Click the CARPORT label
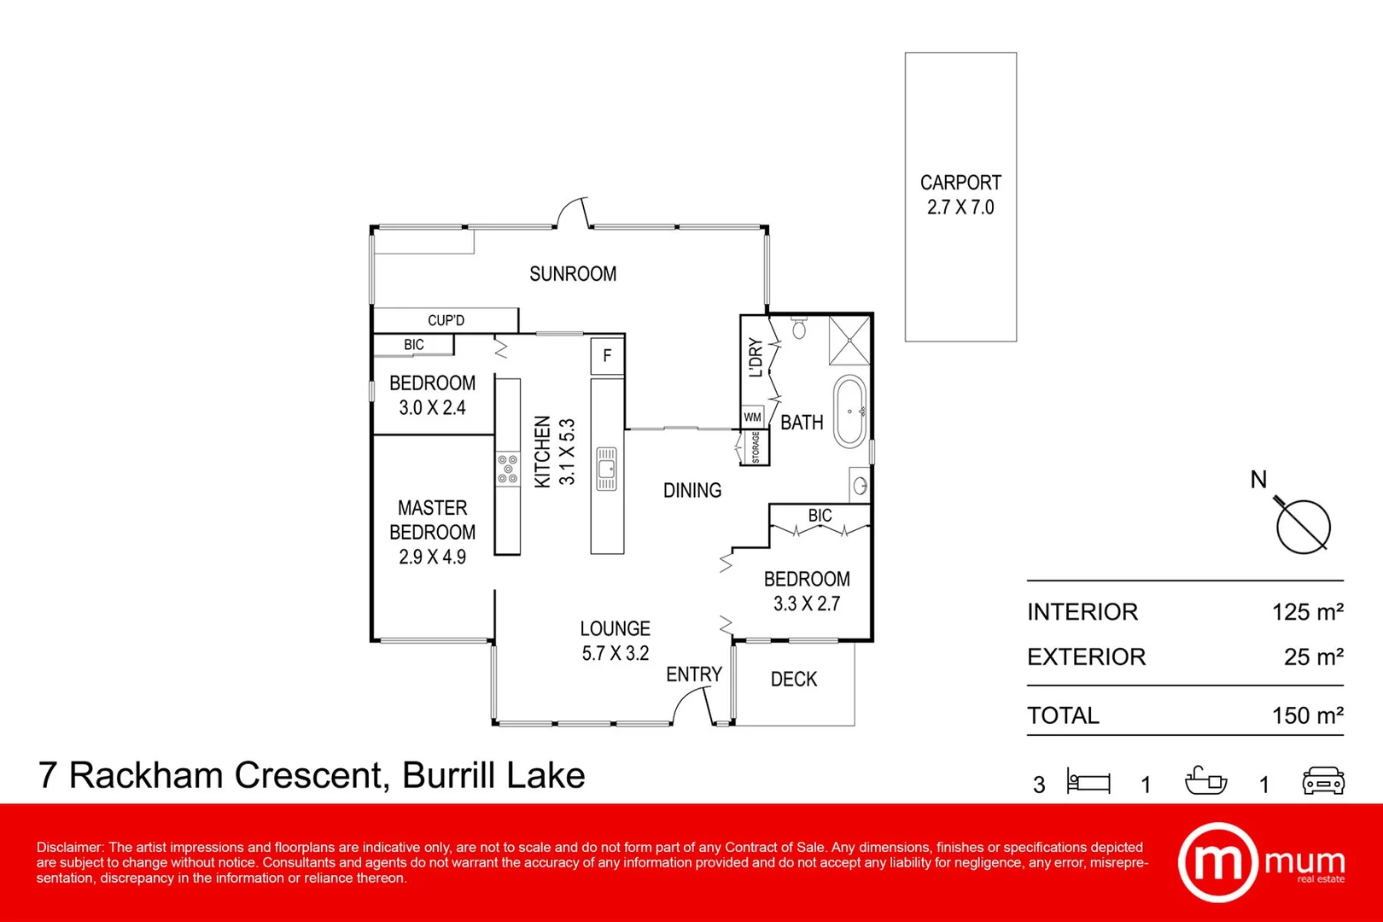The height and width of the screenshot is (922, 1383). tap(960, 183)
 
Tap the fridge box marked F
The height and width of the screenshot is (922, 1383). tap(607, 356)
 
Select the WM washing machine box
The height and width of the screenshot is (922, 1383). tap(752, 417)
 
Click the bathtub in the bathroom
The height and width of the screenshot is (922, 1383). tap(849, 411)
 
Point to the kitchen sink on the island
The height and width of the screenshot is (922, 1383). tap(606, 469)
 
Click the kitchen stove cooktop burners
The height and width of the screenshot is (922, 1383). tap(507, 469)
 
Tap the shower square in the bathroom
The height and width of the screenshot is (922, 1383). tap(849, 340)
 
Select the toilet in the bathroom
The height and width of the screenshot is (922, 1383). tap(799, 328)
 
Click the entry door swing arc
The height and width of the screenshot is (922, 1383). tap(691, 705)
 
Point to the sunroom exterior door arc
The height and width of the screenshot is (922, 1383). tap(572, 213)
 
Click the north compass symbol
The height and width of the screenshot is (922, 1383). tap(1303, 526)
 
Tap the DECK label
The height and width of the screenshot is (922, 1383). tap(794, 680)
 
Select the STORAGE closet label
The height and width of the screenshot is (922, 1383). tap(756, 447)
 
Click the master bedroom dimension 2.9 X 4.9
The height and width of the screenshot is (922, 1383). tap(432, 557)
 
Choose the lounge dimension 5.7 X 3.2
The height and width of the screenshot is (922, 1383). tap(616, 654)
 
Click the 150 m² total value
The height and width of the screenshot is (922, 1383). tap(1307, 715)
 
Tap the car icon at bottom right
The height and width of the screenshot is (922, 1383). tap(1323, 781)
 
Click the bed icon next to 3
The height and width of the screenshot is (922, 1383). tap(1088, 781)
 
